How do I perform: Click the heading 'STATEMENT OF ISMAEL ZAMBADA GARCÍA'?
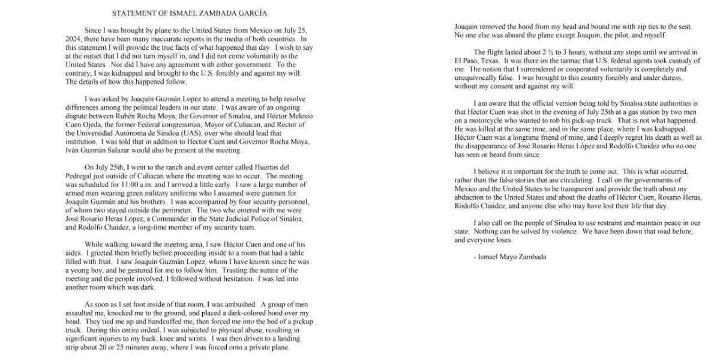click(189, 13)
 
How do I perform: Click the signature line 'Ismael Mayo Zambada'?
click(510, 257)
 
